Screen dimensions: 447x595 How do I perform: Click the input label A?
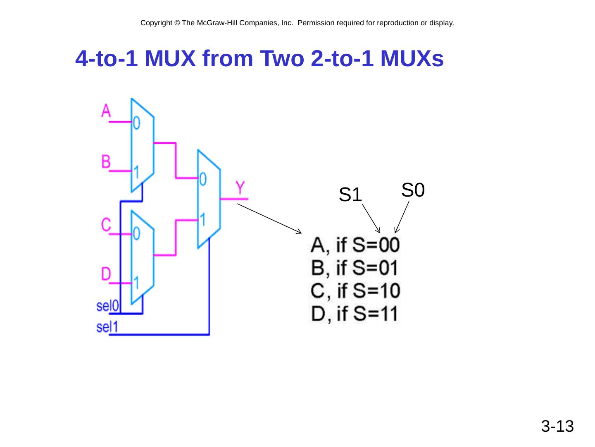point(106,111)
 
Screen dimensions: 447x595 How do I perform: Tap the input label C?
point(106,225)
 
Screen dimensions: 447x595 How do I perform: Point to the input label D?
point(106,274)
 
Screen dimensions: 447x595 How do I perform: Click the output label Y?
point(241,188)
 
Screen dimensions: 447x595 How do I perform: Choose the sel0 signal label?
point(108,306)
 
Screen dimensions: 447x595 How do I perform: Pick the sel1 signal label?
point(107,327)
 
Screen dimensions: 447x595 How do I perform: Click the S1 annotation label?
point(350,195)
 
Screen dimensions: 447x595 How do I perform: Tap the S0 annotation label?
point(413,190)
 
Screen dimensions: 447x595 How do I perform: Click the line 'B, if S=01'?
point(355,268)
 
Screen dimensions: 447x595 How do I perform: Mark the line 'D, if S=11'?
point(355,314)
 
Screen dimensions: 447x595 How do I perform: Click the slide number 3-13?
point(557,426)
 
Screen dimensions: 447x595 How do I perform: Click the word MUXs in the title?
point(412,60)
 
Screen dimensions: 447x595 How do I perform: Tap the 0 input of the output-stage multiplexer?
point(203,179)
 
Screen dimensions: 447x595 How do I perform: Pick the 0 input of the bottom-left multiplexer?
point(137,234)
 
